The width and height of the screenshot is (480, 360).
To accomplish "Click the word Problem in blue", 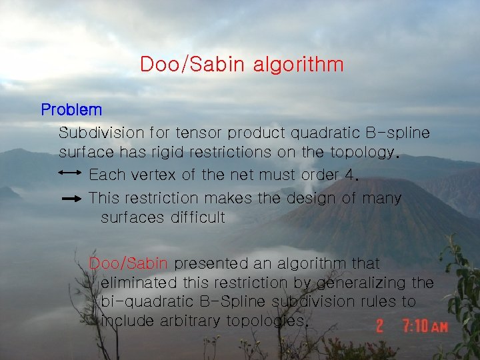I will (x=71, y=109).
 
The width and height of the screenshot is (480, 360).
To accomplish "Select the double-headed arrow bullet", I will (x=70, y=173).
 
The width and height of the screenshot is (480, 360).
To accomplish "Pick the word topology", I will (x=362, y=153).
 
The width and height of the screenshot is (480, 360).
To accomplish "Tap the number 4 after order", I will (x=353, y=176).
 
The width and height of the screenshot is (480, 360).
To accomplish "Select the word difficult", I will (x=198, y=217).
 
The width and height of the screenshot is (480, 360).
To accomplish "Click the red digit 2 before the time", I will (x=379, y=327).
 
